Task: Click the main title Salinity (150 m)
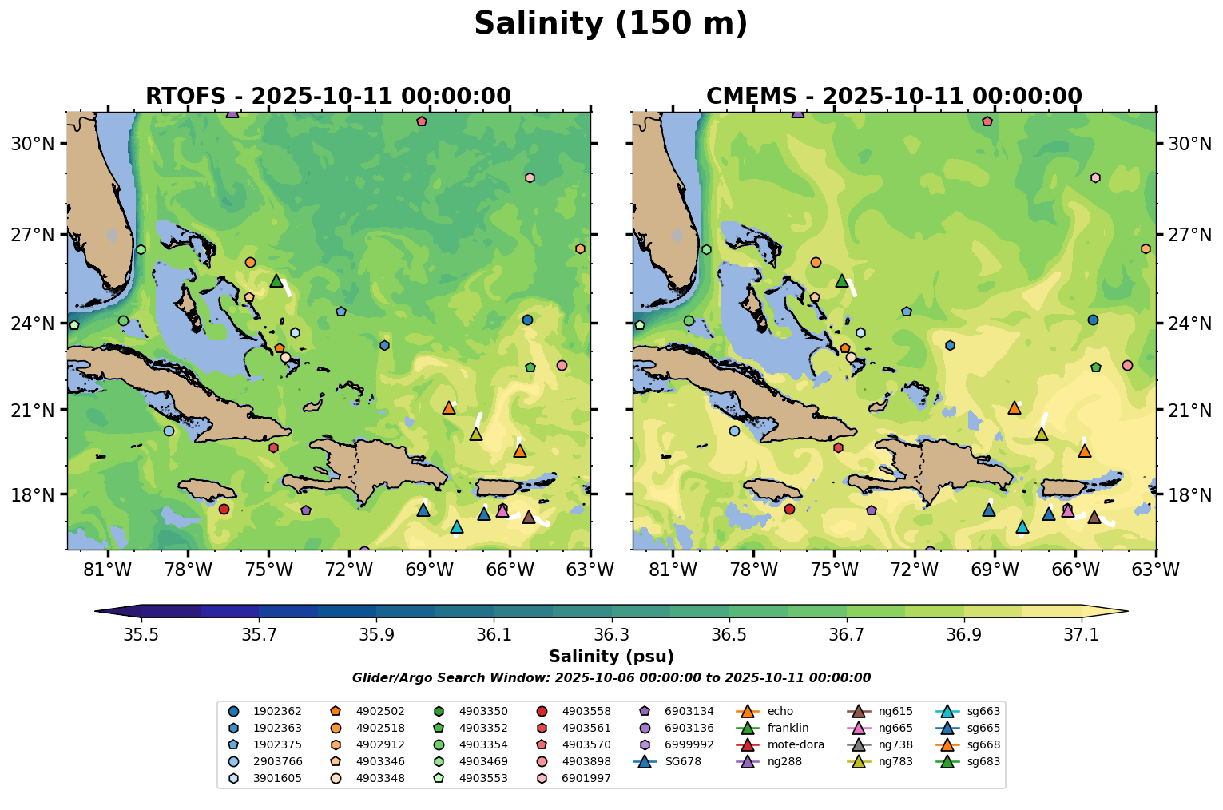610,24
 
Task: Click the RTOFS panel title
328,97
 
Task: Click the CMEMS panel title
894,97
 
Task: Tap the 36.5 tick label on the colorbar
729,635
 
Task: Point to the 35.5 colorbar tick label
141,635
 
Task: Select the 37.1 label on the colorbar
1082,635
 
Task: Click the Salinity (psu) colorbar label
611,657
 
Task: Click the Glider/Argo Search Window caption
611,678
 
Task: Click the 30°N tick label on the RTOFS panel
33,144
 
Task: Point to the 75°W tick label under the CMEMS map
834,570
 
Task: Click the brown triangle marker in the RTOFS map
529,518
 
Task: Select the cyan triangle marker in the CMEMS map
1022,527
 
